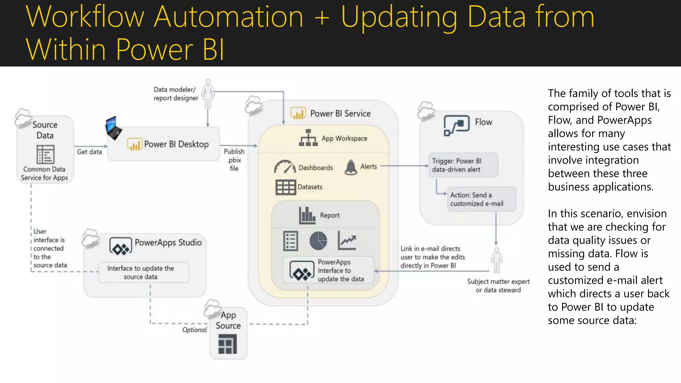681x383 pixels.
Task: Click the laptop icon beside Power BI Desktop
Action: point(113,128)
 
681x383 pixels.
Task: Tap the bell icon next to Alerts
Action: point(351,167)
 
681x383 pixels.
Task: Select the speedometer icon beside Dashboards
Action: point(285,167)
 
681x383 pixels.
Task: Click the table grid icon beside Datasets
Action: point(286,187)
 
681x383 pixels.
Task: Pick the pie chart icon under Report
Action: point(318,241)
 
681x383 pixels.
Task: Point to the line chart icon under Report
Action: point(347,241)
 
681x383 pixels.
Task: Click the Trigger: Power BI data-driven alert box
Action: point(463,165)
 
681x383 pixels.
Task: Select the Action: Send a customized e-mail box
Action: point(481,199)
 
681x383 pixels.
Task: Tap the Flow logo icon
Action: point(457,125)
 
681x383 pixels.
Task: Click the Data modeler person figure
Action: point(208,94)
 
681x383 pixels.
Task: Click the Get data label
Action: point(89,152)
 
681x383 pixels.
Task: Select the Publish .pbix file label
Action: point(234,160)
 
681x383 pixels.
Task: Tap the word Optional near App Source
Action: point(194,330)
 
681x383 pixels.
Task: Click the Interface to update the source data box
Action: point(144,273)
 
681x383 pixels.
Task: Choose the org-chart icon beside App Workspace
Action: point(308,138)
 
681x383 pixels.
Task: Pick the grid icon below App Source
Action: point(227,344)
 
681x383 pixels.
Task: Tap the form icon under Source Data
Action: point(45,154)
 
